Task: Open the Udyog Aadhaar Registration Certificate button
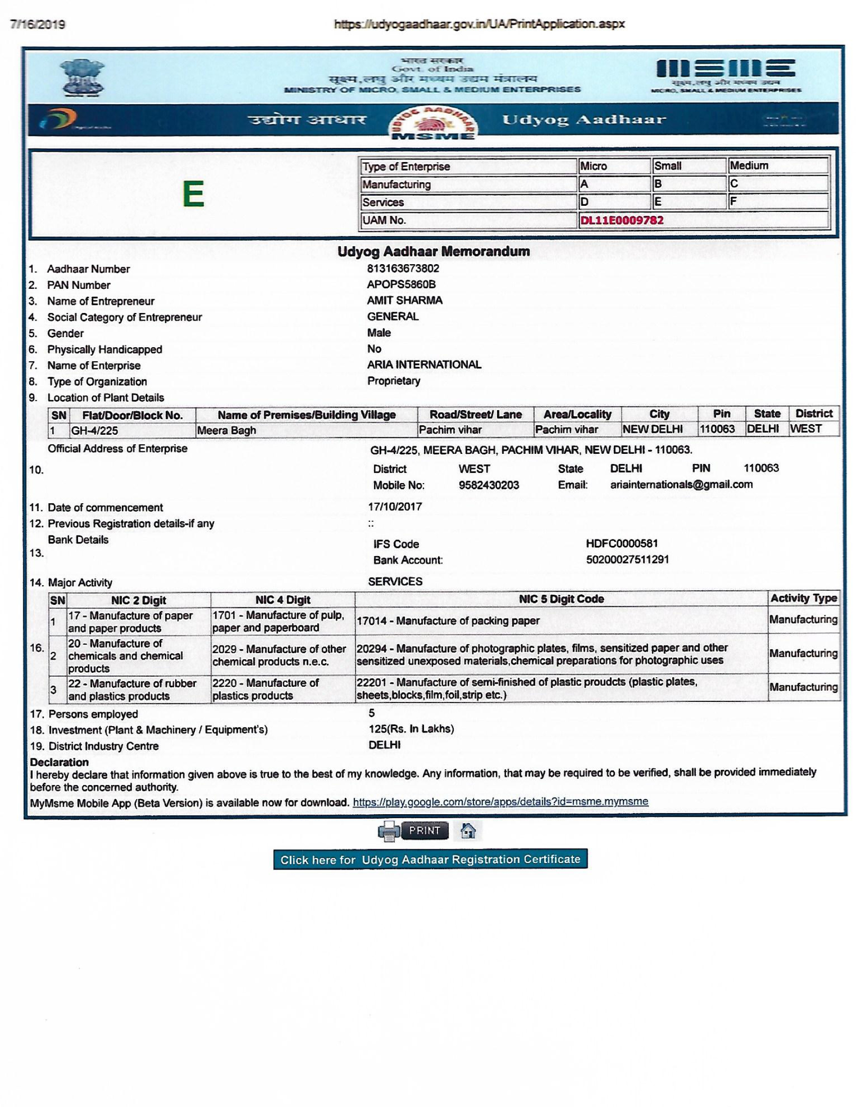point(430,859)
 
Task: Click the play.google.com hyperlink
point(500,802)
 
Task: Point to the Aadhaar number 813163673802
point(403,268)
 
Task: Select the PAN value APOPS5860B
point(401,284)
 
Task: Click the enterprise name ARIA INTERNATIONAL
point(424,364)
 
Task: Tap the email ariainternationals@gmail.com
point(681,484)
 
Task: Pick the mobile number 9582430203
point(488,485)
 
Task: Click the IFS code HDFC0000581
point(622,543)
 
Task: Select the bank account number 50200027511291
point(627,560)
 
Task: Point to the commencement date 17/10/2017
point(395,506)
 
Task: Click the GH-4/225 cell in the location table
point(94,431)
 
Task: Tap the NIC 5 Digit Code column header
point(561,599)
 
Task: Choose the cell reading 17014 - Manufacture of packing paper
point(448,621)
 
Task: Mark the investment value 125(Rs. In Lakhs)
point(411,729)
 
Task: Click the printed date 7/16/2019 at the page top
point(38,25)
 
